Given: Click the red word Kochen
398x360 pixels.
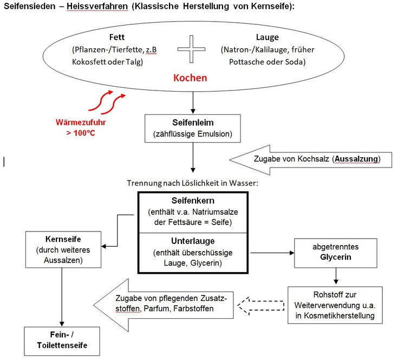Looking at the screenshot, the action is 190,78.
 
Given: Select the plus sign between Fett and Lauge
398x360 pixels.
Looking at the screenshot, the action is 191,49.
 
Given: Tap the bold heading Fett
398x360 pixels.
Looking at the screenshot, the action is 117,37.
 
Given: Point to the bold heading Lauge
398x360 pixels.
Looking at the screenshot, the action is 267,37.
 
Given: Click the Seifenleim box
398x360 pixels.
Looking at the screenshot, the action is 193,128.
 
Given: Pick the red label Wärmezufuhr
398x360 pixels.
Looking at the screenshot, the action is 81,122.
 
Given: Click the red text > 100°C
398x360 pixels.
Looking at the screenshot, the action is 81,133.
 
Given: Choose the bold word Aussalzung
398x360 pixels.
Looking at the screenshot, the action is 356,159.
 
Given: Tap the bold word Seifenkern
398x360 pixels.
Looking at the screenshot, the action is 193,201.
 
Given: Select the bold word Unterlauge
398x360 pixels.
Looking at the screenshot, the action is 193,241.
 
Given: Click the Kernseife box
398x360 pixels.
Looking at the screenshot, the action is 63,249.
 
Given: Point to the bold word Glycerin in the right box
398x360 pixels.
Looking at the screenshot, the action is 336,257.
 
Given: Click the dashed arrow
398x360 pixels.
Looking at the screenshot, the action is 260,306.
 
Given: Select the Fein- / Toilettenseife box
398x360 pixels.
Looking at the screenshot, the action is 62,341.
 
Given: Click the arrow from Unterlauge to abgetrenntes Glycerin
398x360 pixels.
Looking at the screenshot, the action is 272,253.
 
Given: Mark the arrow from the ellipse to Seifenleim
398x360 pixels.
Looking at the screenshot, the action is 193,102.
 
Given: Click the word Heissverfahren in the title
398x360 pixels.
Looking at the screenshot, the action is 97,6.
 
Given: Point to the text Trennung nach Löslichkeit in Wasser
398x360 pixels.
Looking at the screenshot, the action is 192,183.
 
